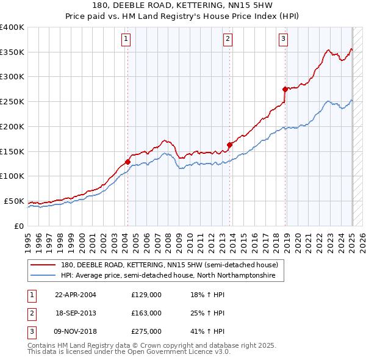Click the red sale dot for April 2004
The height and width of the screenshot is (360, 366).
click(127, 162)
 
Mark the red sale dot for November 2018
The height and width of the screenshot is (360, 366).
click(285, 89)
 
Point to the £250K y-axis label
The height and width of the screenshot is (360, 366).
click(12, 101)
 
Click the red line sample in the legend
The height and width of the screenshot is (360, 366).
click(43, 265)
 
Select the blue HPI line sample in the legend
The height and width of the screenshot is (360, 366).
click(43, 276)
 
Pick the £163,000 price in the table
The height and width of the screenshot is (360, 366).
click(146, 313)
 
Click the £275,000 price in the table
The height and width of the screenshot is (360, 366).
click(146, 331)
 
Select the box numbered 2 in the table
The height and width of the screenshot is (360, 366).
click(32, 313)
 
